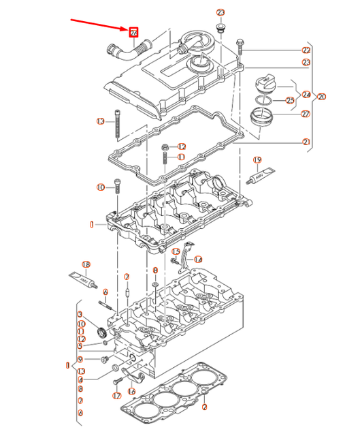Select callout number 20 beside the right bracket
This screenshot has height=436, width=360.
coord(321,96)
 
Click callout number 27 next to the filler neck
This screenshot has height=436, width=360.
coord(305,114)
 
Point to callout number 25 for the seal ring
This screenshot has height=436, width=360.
coord(290,101)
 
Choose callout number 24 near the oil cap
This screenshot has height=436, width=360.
coord(306,95)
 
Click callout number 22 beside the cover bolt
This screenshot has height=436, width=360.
coord(306,50)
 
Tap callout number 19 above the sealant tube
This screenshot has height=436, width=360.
coord(257,161)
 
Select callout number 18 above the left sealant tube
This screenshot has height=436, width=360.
coord(86,264)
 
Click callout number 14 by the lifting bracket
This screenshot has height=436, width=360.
coord(197,260)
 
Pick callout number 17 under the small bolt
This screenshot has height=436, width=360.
coord(116,395)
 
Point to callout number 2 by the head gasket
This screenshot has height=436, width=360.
coord(204,407)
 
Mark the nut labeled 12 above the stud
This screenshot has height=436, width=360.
coord(165,147)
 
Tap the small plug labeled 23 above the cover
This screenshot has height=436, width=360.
coord(219,27)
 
